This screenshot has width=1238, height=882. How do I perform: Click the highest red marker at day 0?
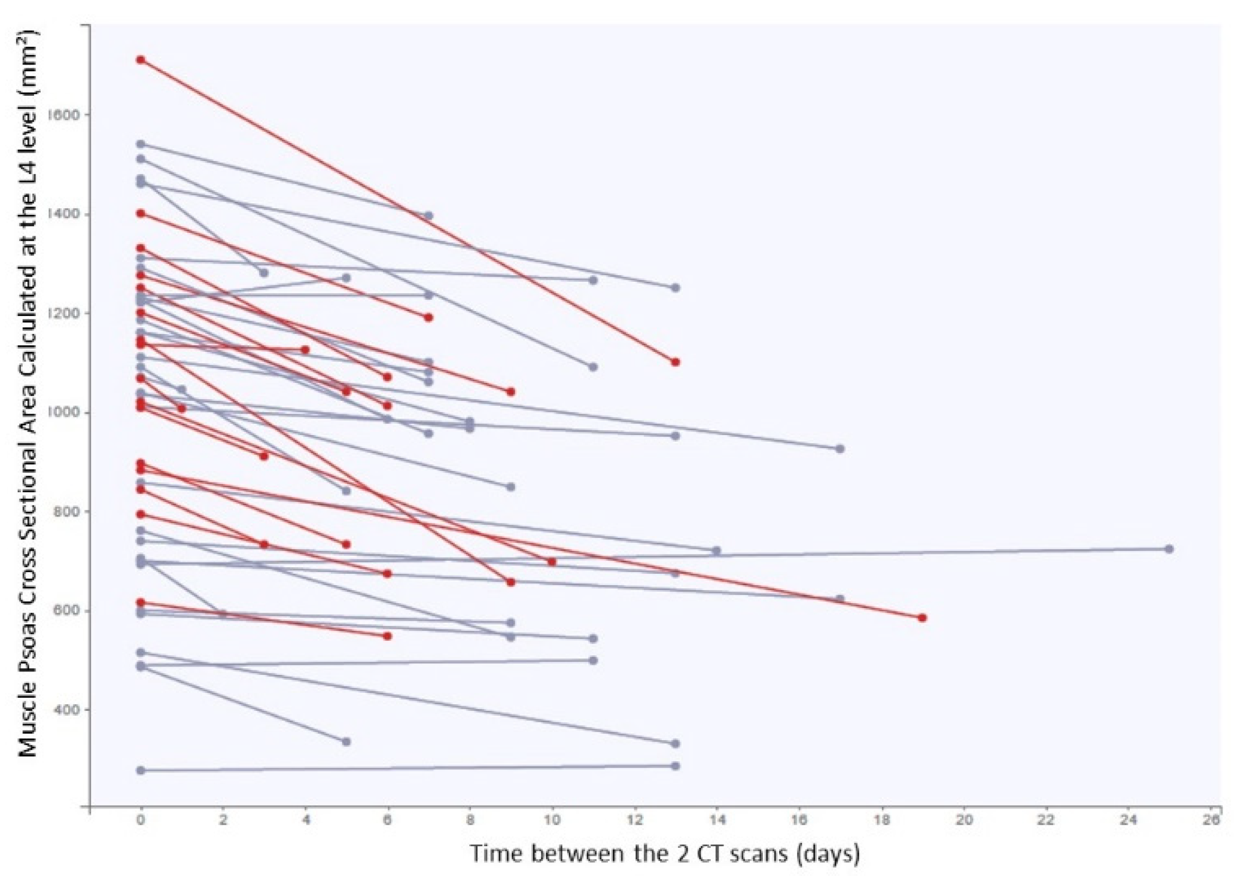[141, 60]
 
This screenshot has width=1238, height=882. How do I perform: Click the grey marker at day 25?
[1169, 549]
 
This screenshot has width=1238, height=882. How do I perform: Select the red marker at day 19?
[922, 618]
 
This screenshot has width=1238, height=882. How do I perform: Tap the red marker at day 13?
[675, 362]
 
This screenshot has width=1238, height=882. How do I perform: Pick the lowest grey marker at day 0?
[141, 770]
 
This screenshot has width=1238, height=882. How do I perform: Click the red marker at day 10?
[552, 562]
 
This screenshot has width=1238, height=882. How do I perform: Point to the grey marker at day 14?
[716, 551]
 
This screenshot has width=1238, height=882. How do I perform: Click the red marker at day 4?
[305, 349]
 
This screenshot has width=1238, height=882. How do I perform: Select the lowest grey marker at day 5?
[346, 741]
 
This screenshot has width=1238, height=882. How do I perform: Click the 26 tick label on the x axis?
[1210, 819]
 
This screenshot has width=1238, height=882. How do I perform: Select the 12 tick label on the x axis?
[634, 819]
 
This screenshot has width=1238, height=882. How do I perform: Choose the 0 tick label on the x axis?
[141, 819]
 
